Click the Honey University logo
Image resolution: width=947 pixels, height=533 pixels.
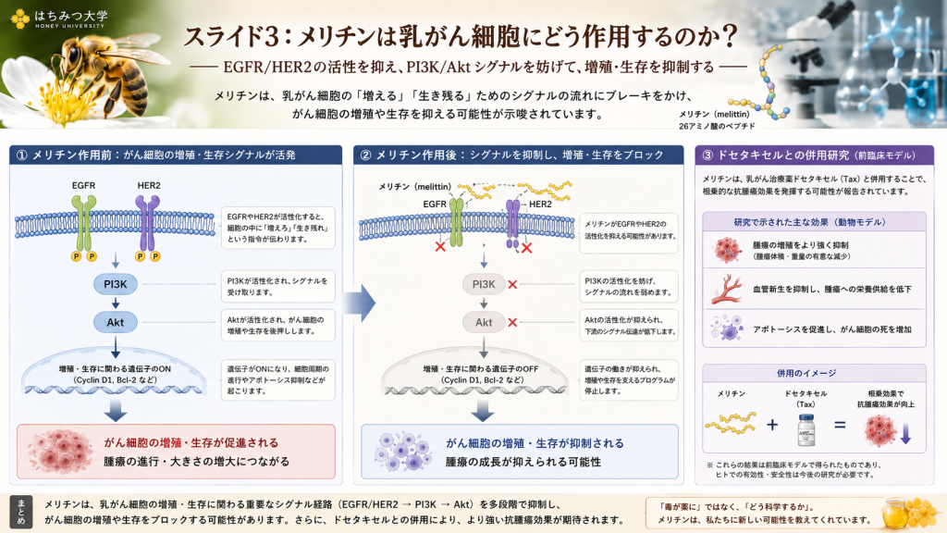click(59, 19)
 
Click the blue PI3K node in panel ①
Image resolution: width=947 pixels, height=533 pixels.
click(116, 284)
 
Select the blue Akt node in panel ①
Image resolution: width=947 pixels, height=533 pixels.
click(116, 322)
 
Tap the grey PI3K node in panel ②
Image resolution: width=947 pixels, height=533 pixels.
click(484, 284)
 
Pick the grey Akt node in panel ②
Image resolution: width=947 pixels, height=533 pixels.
click(484, 322)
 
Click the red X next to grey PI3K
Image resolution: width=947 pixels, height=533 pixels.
click(512, 284)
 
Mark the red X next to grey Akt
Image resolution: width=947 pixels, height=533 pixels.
click(512, 323)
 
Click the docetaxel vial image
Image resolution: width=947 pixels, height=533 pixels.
click(806, 429)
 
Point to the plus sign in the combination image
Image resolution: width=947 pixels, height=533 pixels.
click(772, 425)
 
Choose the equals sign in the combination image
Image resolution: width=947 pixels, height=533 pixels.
click(840, 425)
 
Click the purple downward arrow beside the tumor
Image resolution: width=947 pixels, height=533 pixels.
click(905, 433)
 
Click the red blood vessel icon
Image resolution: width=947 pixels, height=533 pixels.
click(727, 289)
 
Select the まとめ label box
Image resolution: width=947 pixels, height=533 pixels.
click(21, 512)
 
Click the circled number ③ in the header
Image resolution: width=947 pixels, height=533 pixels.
click(707, 155)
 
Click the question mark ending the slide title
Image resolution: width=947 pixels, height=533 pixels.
click(730, 36)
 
